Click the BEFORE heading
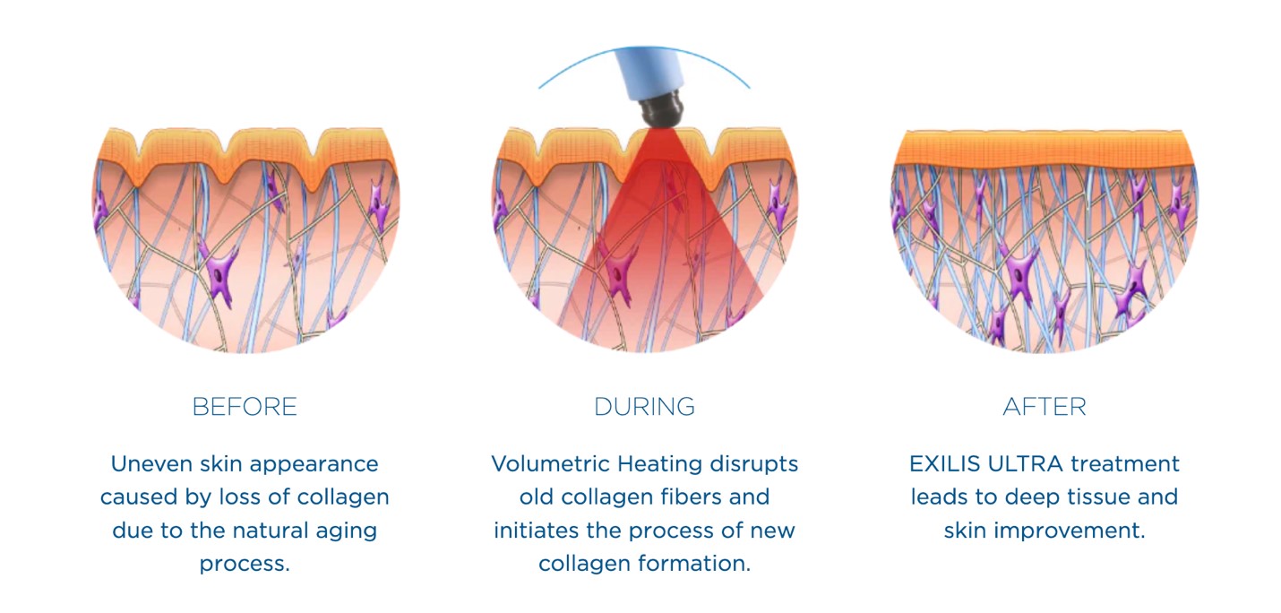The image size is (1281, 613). coord(245,407)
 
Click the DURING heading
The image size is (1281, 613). coord(644,407)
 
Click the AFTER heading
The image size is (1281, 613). coord(1045,407)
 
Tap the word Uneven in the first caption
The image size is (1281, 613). coord(150,463)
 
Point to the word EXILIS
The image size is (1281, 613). coord(945,463)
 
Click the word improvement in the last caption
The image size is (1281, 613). coord(1070,531)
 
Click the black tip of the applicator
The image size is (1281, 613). coord(661,108)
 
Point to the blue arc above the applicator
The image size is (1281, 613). coord(644,47)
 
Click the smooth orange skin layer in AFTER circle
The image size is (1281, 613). coord(1045,148)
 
